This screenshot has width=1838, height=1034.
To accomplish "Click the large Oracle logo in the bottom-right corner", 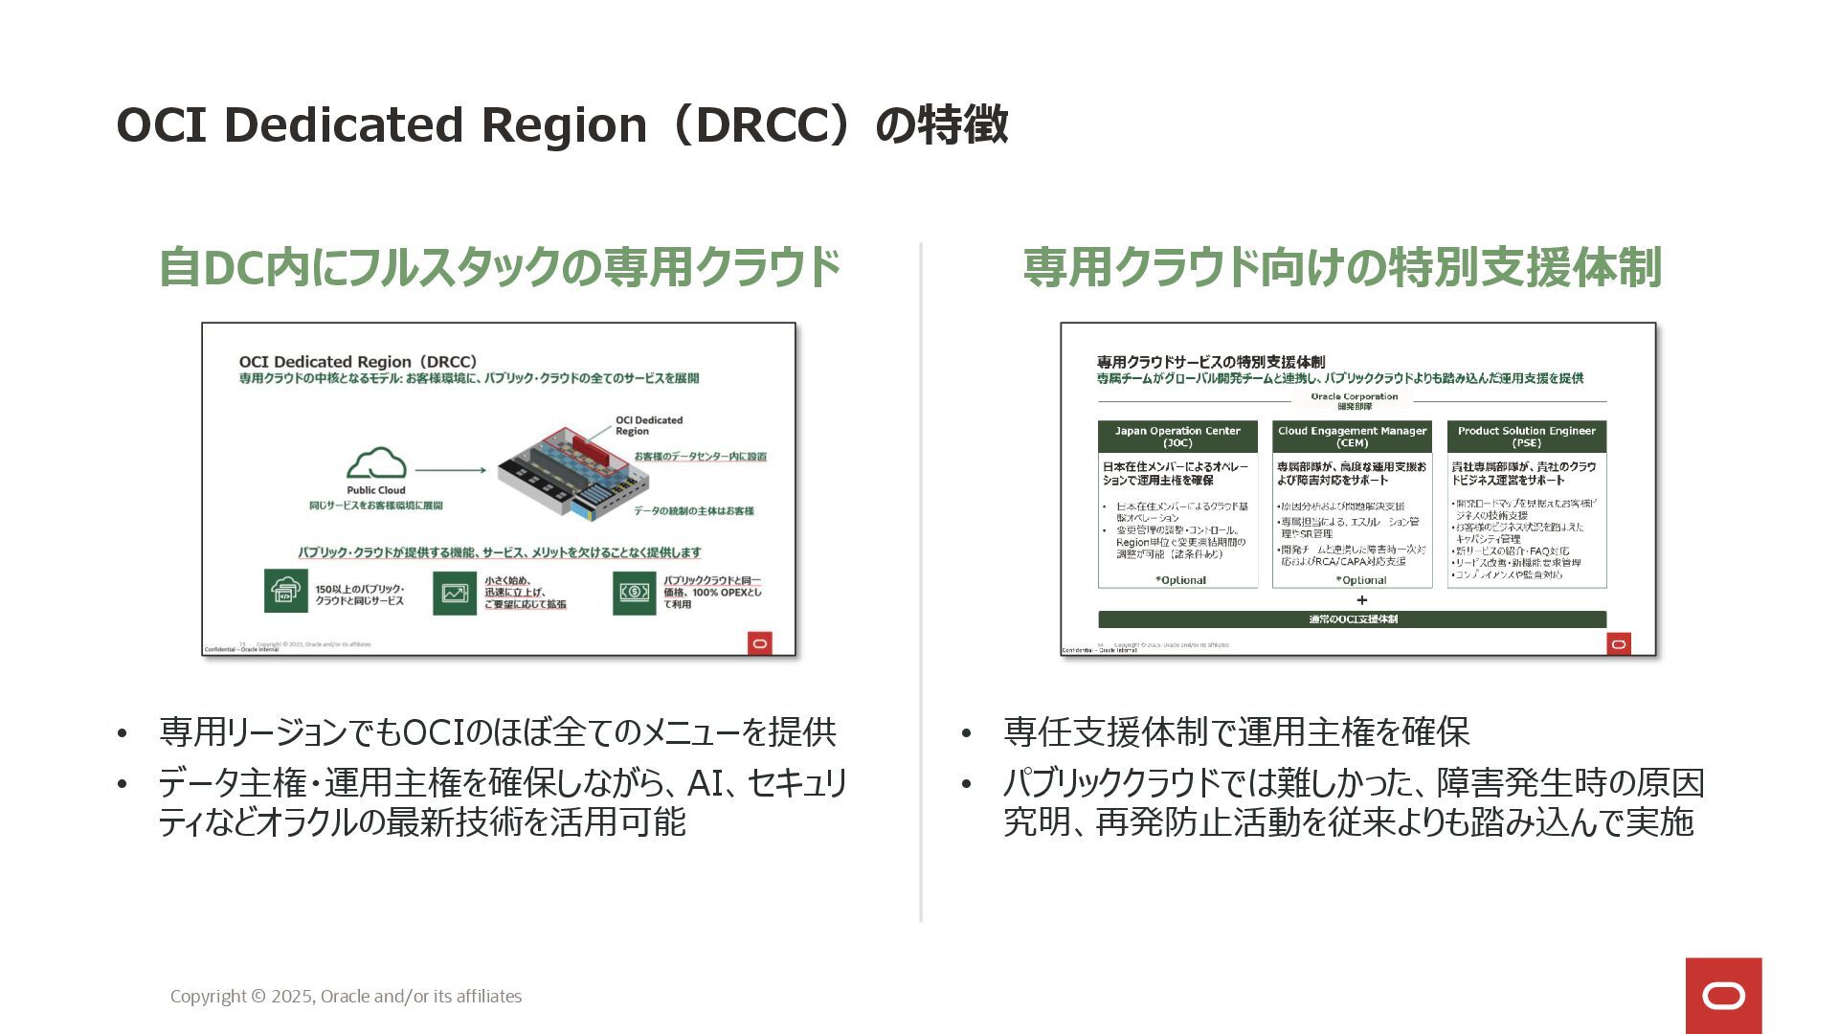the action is tap(1723, 996).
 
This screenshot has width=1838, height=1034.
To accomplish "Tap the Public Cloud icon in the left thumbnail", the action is tap(376, 464).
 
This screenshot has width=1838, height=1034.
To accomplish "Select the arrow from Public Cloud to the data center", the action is tap(451, 470).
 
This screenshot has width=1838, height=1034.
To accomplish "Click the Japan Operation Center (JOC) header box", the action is tap(1177, 437).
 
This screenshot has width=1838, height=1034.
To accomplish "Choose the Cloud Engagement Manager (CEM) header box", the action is tap(1352, 437).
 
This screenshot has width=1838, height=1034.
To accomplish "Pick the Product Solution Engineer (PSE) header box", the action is tap(1526, 437).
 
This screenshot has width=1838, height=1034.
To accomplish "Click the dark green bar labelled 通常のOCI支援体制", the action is tap(1352, 619).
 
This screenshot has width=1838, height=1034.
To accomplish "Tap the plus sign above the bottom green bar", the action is tap(1361, 600).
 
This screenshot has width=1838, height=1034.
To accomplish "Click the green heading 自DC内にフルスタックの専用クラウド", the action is tap(499, 267).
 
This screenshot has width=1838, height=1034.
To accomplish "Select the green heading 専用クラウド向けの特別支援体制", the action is tap(1341, 267).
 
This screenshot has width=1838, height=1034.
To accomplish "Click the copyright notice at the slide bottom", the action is tap(346, 996).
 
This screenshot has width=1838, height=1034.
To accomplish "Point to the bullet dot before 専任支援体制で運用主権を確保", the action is tap(966, 734).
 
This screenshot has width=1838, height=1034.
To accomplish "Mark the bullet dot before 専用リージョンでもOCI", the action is tap(122, 734).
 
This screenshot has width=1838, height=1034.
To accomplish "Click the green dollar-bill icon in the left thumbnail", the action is tap(634, 593).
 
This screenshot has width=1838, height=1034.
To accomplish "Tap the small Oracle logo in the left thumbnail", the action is tap(759, 643).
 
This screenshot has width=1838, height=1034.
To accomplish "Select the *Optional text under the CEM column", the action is tap(1360, 580).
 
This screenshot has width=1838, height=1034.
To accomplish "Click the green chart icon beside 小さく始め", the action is tap(454, 593).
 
